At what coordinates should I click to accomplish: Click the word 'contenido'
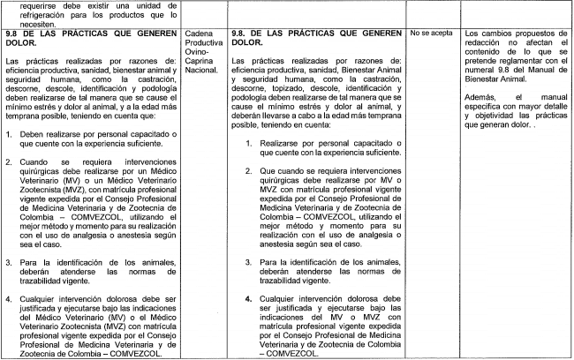point(482,52)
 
